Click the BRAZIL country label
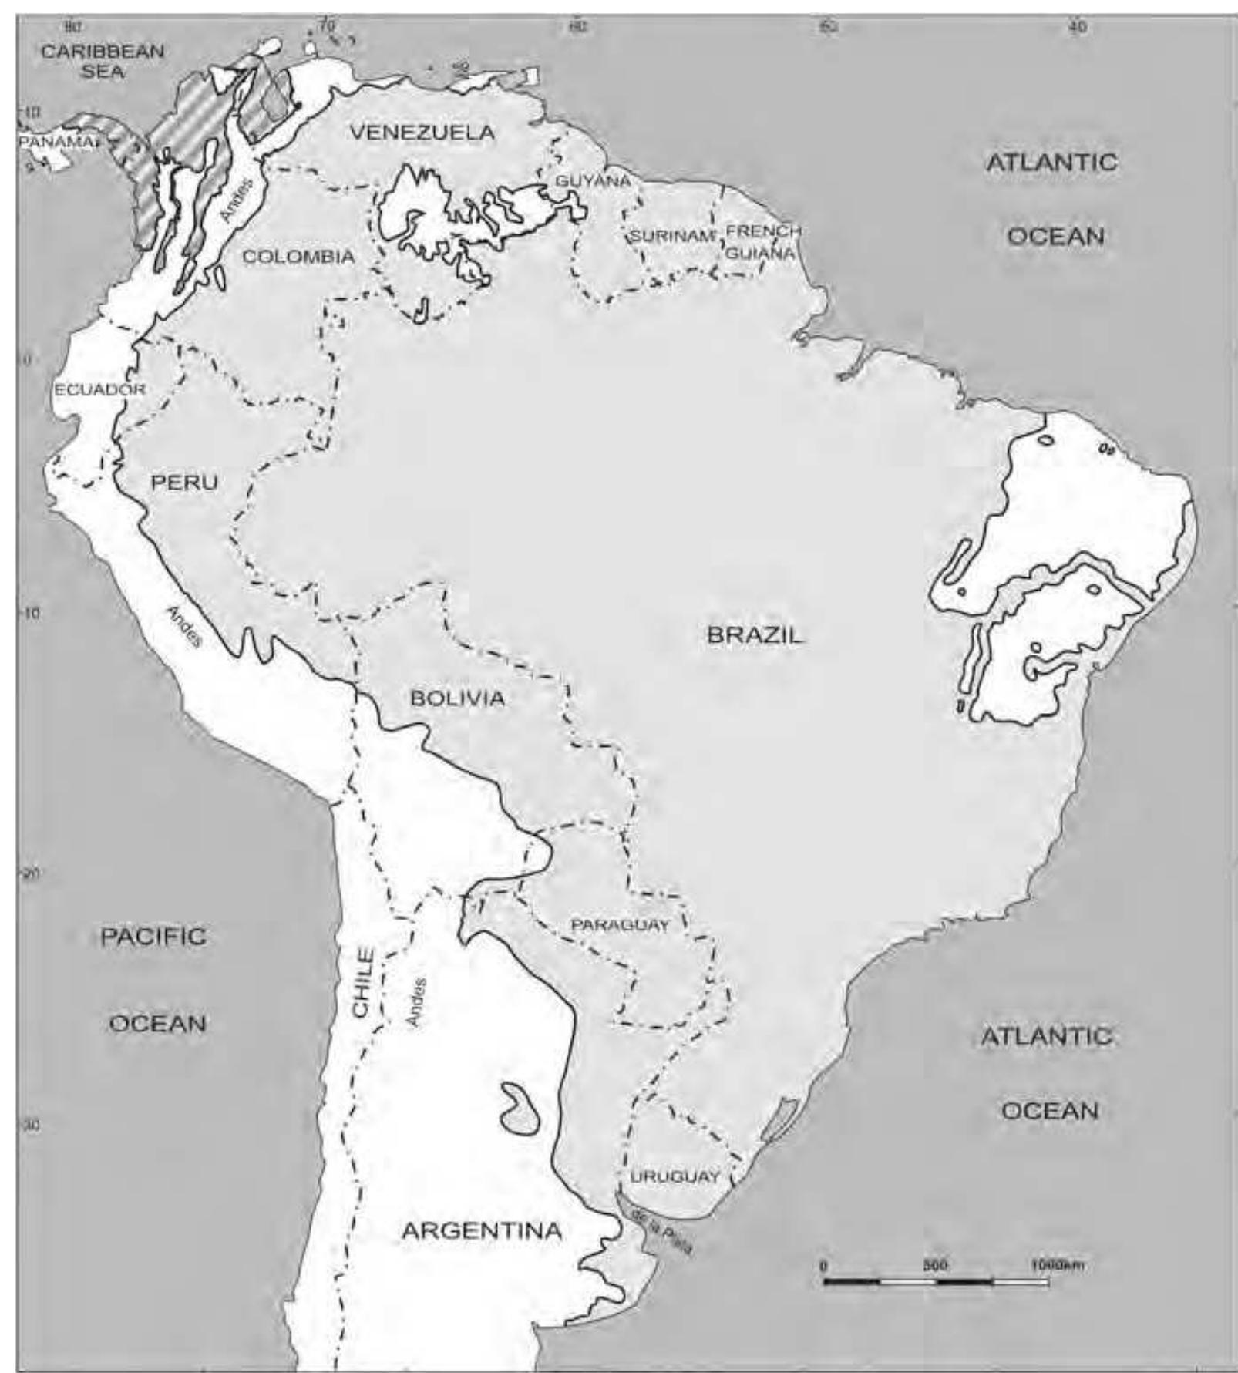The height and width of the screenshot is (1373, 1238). pyautogui.click(x=755, y=635)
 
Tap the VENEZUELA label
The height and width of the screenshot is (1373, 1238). pyautogui.click(x=422, y=133)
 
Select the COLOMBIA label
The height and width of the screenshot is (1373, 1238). pyautogui.click(x=298, y=257)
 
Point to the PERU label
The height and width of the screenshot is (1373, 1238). pyautogui.click(x=184, y=483)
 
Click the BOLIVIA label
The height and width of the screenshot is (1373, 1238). pyautogui.click(x=457, y=698)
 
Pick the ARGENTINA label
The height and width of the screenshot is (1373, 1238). pyautogui.click(x=482, y=1230)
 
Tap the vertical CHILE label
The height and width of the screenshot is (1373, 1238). pyautogui.click(x=362, y=982)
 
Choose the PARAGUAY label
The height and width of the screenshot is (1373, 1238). pyautogui.click(x=620, y=925)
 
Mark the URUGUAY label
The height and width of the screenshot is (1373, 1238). pyautogui.click(x=675, y=1177)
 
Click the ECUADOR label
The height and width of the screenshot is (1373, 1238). pyautogui.click(x=99, y=389)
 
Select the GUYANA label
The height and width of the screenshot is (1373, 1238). pyautogui.click(x=593, y=181)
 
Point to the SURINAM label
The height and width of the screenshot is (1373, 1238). pyautogui.click(x=672, y=236)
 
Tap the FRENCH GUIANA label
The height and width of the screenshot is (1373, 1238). pyautogui.click(x=762, y=241)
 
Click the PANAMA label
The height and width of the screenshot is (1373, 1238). pyautogui.click(x=56, y=143)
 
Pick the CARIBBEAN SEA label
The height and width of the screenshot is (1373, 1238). pyautogui.click(x=103, y=61)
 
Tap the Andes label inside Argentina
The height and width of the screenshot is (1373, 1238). pyautogui.click(x=416, y=1001)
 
